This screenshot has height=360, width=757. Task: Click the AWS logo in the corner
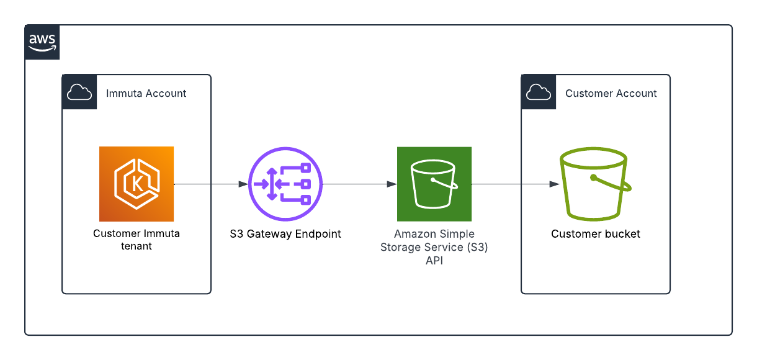[42, 42]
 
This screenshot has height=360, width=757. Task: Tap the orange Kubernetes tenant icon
[137, 184]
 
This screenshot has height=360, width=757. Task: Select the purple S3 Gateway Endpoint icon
[285, 184]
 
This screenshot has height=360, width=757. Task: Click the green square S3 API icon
[434, 184]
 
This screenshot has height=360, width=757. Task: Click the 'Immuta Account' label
[146, 94]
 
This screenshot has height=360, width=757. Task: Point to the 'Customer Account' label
[611, 94]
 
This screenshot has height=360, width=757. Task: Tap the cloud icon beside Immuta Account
[79, 92]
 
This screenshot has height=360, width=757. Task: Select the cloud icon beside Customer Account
[539, 92]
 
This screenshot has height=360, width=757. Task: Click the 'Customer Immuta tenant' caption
[137, 240]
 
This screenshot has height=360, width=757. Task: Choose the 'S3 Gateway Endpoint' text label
[285, 234]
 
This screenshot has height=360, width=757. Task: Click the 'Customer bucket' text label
[596, 234]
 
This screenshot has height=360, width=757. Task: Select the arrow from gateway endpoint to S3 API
[360, 184]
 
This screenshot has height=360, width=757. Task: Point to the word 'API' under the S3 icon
[434, 261]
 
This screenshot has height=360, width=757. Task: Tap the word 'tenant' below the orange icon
[137, 246]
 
